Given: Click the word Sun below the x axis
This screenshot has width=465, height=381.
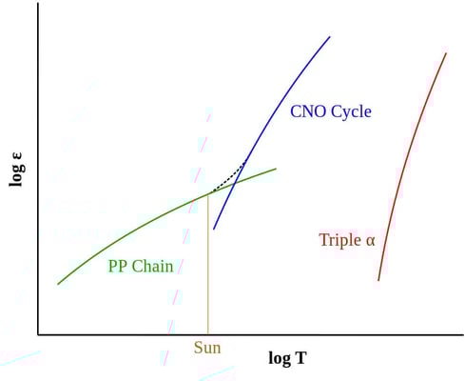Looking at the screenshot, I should pyautogui.click(x=207, y=348).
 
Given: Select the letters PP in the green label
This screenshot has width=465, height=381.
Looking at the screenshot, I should pyautogui.click(x=118, y=267).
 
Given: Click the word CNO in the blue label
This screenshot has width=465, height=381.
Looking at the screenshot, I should pyautogui.click(x=307, y=111).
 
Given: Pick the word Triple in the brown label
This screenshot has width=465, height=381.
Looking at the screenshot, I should pyautogui.click(x=339, y=240).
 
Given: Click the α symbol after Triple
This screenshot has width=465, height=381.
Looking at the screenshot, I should pyautogui.click(x=370, y=241).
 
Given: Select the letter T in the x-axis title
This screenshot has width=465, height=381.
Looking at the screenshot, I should pyautogui.click(x=300, y=358).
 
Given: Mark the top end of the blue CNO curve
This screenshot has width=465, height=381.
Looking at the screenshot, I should pyautogui.click(x=329, y=37).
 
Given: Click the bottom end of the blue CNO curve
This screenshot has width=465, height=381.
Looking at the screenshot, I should pyautogui.click(x=214, y=229).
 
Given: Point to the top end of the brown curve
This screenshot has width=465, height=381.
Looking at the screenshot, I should pyautogui.click(x=446, y=53).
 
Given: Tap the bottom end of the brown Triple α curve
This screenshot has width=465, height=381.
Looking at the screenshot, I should pyautogui.click(x=378, y=280).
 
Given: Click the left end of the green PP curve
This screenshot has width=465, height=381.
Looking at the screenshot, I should pyautogui.click(x=58, y=284).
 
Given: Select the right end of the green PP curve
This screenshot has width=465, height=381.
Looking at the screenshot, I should pyautogui.click(x=276, y=170).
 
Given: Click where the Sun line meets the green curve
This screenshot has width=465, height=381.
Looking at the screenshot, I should pyautogui.click(x=208, y=194).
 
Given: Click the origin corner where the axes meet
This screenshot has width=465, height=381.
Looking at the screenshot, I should pyautogui.click(x=38, y=334).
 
